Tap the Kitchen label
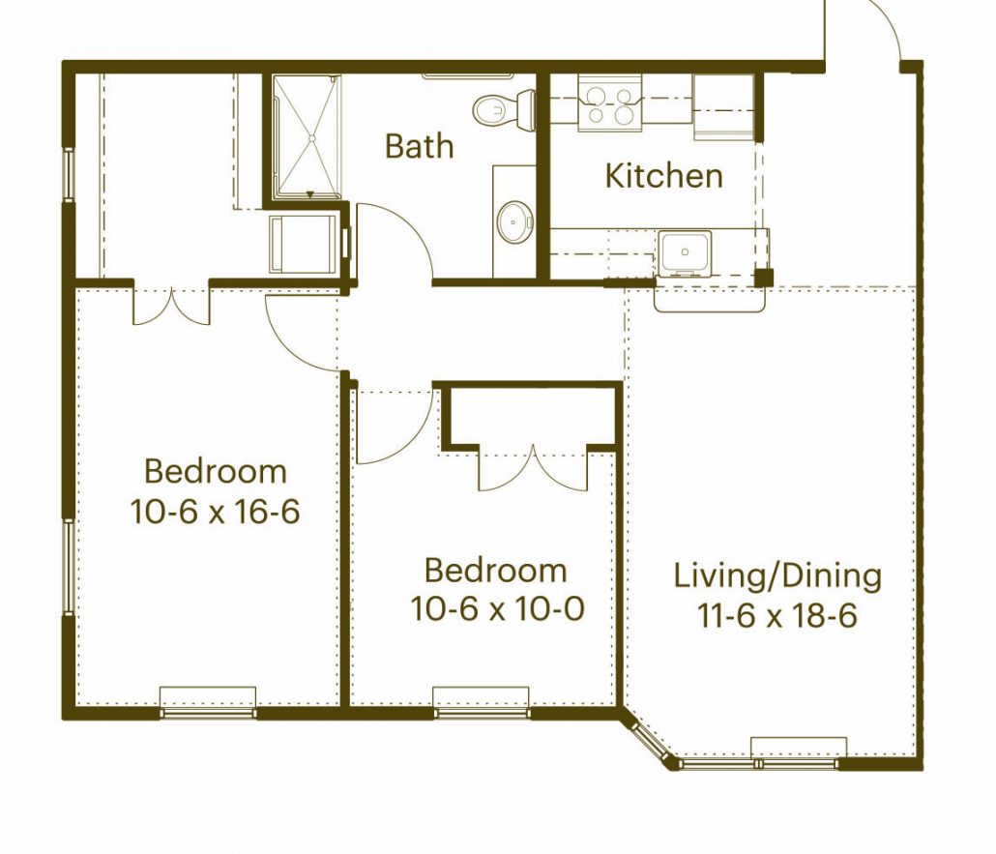click(x=663, y=175)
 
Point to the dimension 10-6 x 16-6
click(x=215, y=512)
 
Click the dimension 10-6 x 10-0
click(x=497, y=608)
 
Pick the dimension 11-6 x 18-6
click(x=777, y=615)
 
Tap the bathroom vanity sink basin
click(x=514, y=221)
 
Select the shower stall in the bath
click(x=307, y=137)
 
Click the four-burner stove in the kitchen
click(x=610, y=103)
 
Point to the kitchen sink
click(x=685, y=252)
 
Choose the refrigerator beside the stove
click(x=723, y=106)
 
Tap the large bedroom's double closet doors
click(x=171, y=306)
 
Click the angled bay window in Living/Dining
click(x=649, y=738)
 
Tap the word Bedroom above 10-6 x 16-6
click(x=216, y=471)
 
